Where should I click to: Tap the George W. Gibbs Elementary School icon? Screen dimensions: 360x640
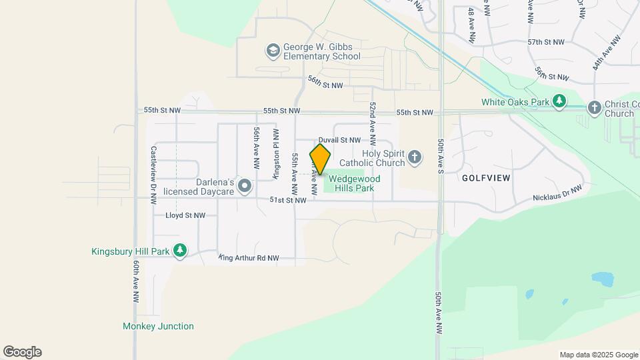pyautogui.click(x=272, y=51)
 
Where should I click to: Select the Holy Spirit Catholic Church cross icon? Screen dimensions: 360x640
pyautogui.click(x=414, y=157)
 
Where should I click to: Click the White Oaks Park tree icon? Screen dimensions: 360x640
pyautogui.click(x=560, y=102)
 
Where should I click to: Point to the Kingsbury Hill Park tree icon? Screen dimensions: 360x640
pyautogui.click(x=179, y=251)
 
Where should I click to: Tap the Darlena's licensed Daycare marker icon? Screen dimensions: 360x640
pyautogui.click(x=245, y=185)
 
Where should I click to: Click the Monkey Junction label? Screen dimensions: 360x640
pyautogui.click(x=158, y=326)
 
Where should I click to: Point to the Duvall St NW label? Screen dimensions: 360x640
pyautogui.click(x=339, y=140)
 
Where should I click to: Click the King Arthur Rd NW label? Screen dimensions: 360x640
pyautogui.click(x=249, y=257)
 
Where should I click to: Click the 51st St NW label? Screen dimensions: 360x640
pyautogui.click(x=287, y=200)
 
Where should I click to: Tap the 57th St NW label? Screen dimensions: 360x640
pyautogui.click(x=545, y=41)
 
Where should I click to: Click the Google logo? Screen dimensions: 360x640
pyautogui.click(x=22, y=352)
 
